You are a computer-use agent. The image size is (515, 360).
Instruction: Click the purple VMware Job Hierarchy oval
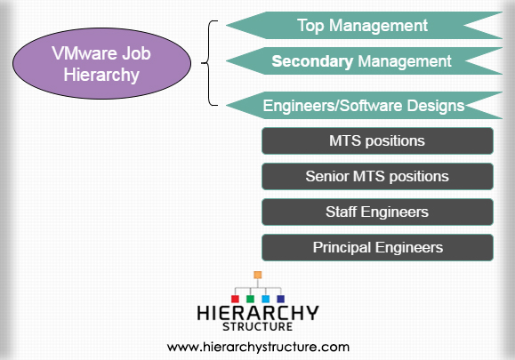coord(101,63)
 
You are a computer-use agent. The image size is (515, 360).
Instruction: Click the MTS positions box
coord(377,140)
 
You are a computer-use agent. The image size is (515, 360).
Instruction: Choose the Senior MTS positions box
coord(377,176)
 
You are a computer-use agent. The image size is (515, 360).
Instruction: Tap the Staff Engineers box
coord(377,212)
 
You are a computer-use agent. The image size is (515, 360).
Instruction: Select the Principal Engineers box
coord(377,247)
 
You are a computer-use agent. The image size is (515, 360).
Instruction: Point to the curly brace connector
coord(209,63)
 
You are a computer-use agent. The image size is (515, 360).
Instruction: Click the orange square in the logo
coord(258,275)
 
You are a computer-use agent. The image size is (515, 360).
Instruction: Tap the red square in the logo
coord(235,299)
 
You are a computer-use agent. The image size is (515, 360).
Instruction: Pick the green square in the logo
coord(250,299)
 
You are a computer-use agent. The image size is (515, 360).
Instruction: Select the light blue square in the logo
coord(266,299)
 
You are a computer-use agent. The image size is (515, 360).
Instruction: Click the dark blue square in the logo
coord(281,299)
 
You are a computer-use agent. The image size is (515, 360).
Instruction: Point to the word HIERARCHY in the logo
coord(258,313)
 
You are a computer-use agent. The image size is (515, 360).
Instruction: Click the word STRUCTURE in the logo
coord(258,326)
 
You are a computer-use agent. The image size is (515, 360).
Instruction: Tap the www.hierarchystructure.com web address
coord(258,348)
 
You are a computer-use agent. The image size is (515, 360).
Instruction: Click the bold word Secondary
coord(312,61)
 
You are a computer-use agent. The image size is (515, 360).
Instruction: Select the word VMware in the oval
coord(84,53)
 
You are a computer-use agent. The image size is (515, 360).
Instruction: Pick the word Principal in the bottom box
coord(342,248)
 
